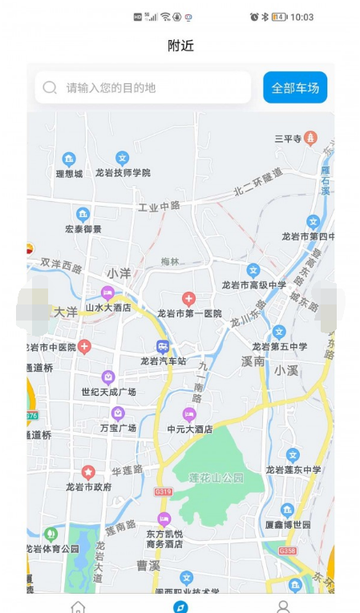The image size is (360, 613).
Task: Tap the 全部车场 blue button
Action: (295, 87)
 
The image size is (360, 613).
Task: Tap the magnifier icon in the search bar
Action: (50, 87)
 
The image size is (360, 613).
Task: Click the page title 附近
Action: (180, 46)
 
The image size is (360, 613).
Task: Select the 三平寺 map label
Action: (288, 139)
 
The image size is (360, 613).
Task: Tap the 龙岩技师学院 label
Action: (123, 172)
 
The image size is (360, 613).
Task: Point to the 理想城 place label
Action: (69, 173)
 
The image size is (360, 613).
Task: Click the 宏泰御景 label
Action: (83, 228)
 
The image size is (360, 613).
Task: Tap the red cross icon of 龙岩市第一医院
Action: (189, 299)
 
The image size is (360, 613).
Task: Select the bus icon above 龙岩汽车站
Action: (164, 347)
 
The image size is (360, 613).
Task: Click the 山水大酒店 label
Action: (107, 307)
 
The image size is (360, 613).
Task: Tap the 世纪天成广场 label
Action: (108, 392)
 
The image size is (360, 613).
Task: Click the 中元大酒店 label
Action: (189, 429)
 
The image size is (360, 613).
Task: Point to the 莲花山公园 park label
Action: (216, 478)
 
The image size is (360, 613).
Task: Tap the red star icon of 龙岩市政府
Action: (88, 473)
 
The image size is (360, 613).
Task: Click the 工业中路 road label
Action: (159, 207)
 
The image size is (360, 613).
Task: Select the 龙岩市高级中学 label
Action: (254, 285)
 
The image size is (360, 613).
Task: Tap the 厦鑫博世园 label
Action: (288, 524)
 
